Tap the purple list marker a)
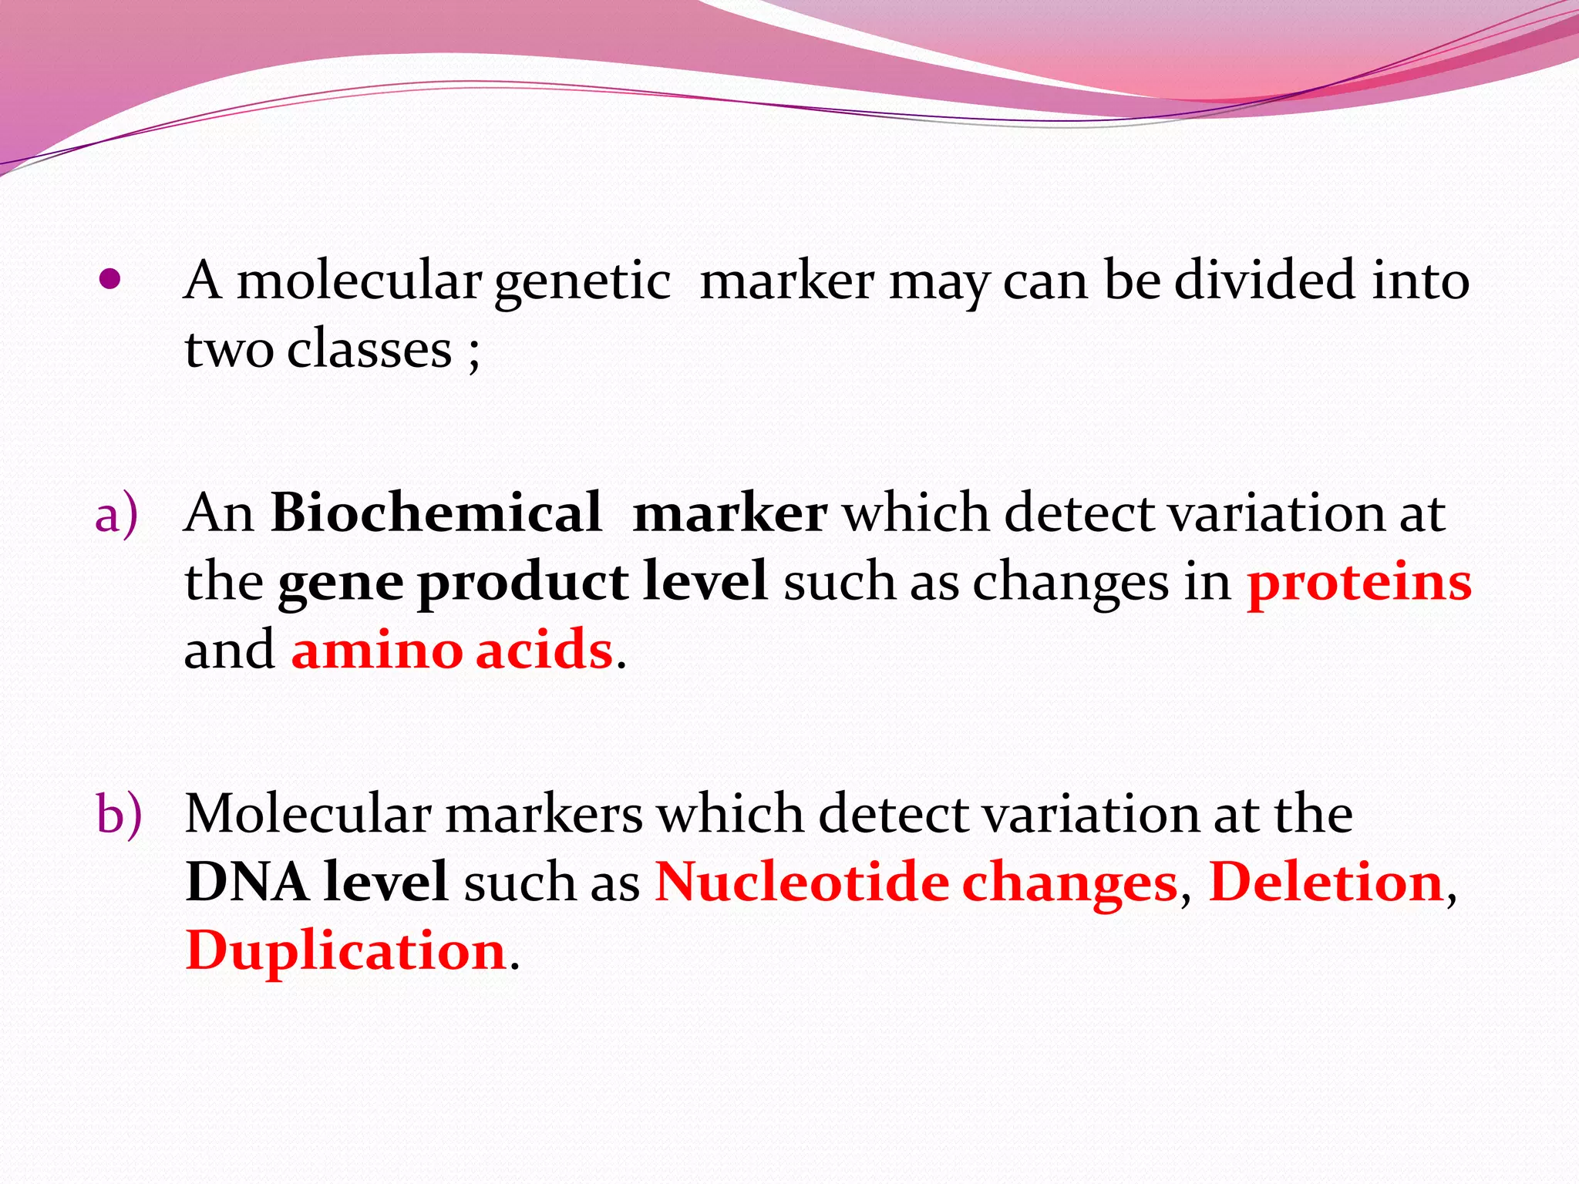click(116, 514)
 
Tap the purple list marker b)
click(119, 815)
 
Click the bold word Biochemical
click(436, 513)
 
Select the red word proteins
click(1359, 582)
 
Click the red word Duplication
click(345, 950)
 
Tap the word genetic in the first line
click(582, 281)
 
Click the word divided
click(1264, 280)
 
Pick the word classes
click(369, 349)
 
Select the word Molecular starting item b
click(308, 813)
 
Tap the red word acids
click(544, 650)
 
